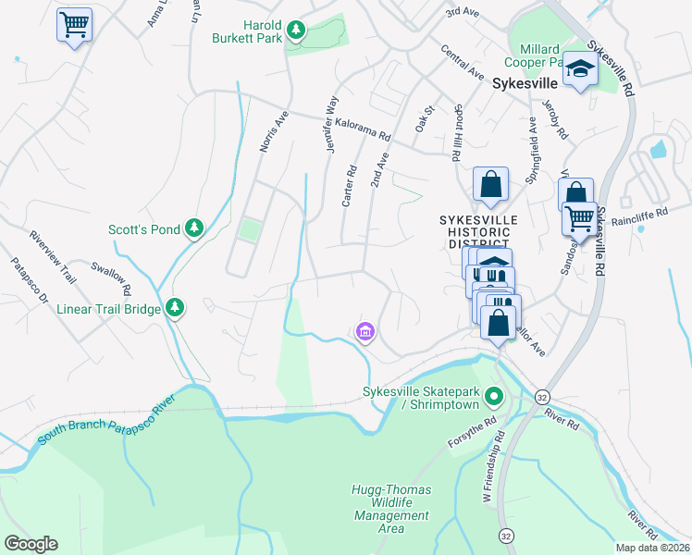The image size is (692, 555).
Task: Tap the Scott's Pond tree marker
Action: [x=193, y=228]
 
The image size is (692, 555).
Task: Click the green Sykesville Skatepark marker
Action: [x=494, y=398]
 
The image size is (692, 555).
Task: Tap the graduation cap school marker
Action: [x=580, y=69]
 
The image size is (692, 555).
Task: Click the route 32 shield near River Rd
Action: [x=541, y=396]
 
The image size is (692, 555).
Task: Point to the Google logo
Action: [x=31, y=544]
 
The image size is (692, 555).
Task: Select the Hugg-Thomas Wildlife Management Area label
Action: [x=391, y=509]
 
